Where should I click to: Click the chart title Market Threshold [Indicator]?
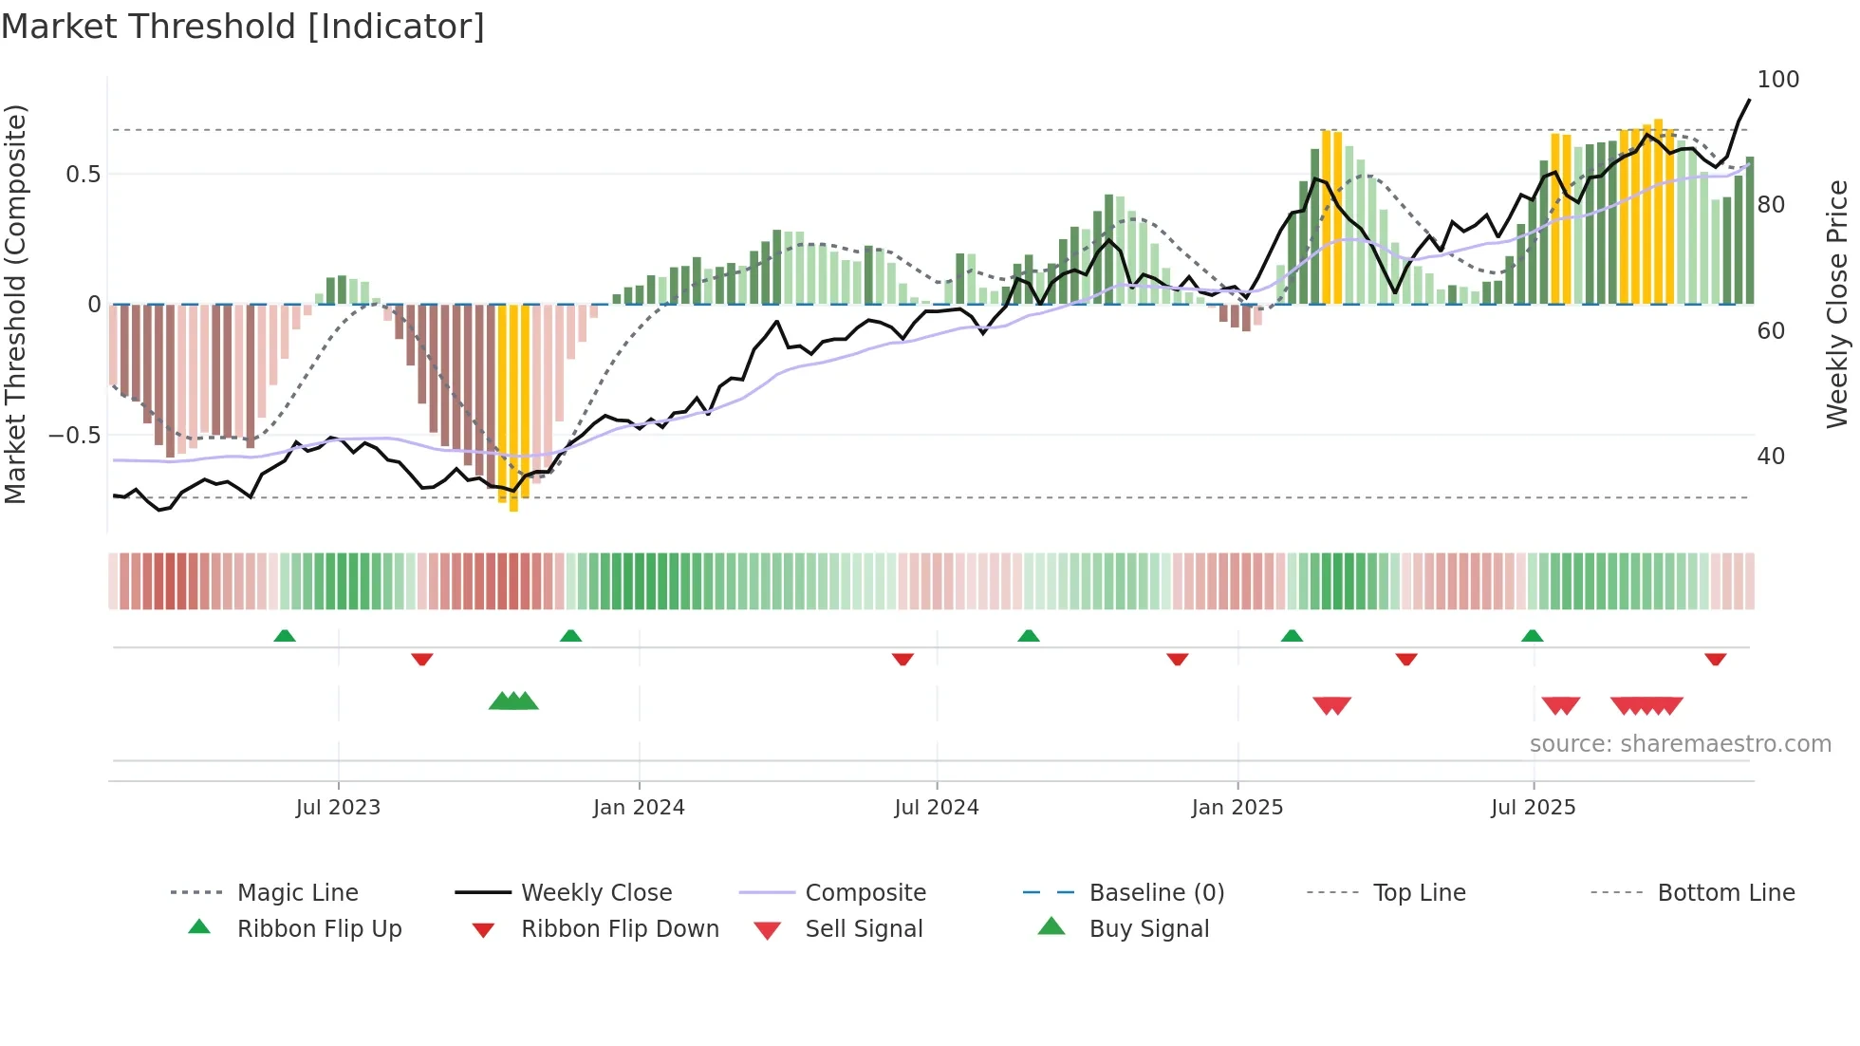point(243,27)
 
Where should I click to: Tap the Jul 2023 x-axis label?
point(338,808)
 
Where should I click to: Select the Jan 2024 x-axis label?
point(639,808)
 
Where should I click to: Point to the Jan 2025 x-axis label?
point(1237,808)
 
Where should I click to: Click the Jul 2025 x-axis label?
point(1534,808)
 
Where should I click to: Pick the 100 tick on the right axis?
point(1777,80)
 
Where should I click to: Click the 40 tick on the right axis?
point(1771,457)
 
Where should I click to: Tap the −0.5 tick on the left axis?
point(74,436)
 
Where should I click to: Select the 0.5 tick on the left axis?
point(83,175)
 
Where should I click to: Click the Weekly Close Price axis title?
point(1837,304)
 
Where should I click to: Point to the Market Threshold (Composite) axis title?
point(15,304)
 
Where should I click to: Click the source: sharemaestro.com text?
point(1680,744)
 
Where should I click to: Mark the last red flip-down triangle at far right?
point(1715,659)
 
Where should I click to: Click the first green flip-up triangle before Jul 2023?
point(285,636)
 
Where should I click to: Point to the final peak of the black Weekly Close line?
point(1749,100)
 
